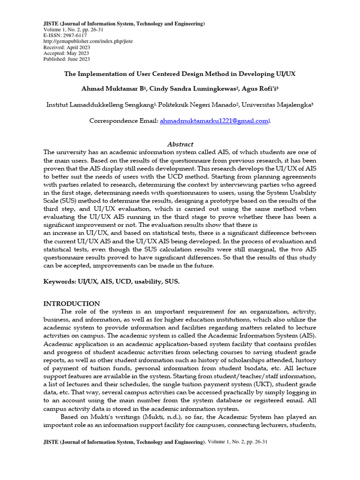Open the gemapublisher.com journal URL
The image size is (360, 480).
point(88,41)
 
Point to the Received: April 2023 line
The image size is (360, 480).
point(67,47)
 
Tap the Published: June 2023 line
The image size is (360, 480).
point(67,59)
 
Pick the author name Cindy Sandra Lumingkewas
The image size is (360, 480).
point(196,89)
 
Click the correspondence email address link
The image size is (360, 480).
point(214,121)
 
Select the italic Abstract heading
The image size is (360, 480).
point(180,144)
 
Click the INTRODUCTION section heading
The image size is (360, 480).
point(72,304)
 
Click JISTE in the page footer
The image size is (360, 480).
point(51,442)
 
